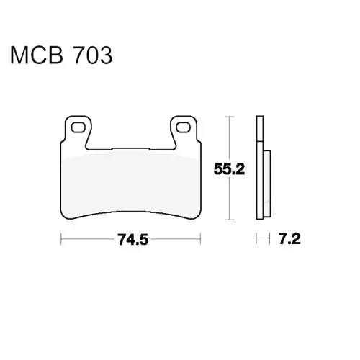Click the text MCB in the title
(x=37, y=55)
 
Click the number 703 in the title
(x=93, y=55)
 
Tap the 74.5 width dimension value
(x=132, y=240)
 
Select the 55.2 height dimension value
(x=229, y=168)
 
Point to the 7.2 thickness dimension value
(x=289, y=239)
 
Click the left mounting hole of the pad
(x=78, y=127)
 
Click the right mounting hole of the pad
(x=184, y=127)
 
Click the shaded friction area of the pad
(x=131, y=185)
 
